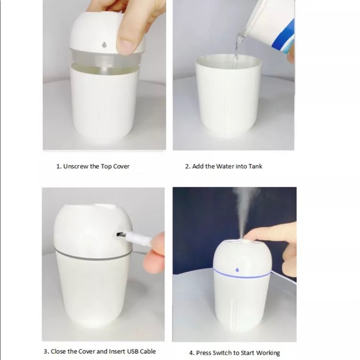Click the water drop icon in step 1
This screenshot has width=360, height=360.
tap(103, 45)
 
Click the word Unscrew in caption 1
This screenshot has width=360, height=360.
tap(78, 166)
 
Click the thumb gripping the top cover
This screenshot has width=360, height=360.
tap(128, 40)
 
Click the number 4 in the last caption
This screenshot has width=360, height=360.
tap(191, 353)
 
